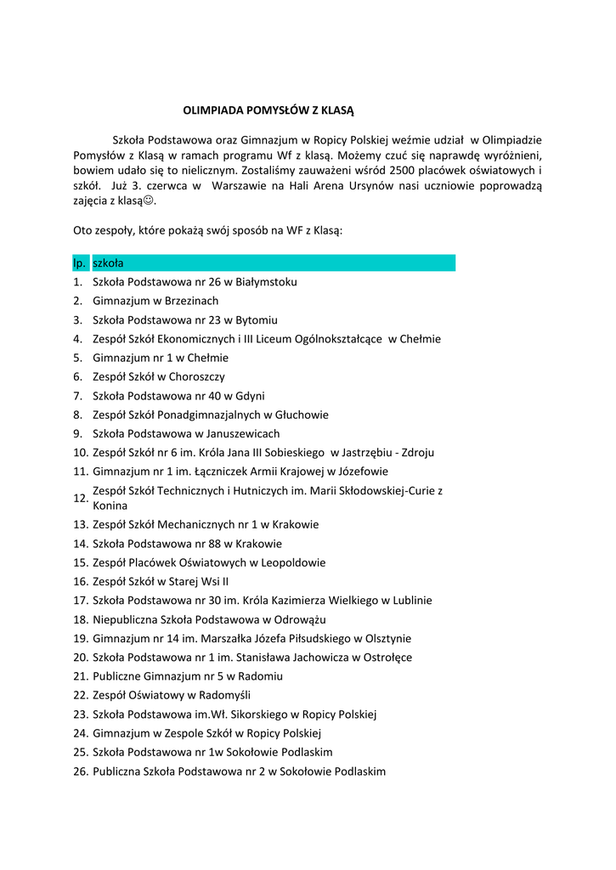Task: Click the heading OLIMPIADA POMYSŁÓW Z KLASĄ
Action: point(268,110)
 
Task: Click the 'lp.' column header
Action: point(78,263)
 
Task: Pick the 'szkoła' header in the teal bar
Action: point(108,263)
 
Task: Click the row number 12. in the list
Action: point(81,498)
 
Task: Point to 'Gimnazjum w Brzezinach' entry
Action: point(155,301)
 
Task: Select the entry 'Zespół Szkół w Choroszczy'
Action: point(159,376)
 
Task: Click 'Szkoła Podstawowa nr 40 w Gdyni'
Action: point(178,396)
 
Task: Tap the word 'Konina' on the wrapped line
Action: point(110,506)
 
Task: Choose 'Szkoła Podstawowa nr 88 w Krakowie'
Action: point(187,544)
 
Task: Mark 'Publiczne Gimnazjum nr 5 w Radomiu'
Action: point(188,676)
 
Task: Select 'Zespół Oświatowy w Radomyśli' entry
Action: point(166,695)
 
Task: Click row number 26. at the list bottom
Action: point(81,771)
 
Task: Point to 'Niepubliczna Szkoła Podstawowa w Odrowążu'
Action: point(209,620)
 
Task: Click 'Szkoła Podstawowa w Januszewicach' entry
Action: point(186,433)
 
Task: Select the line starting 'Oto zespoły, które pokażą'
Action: point(207,229)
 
